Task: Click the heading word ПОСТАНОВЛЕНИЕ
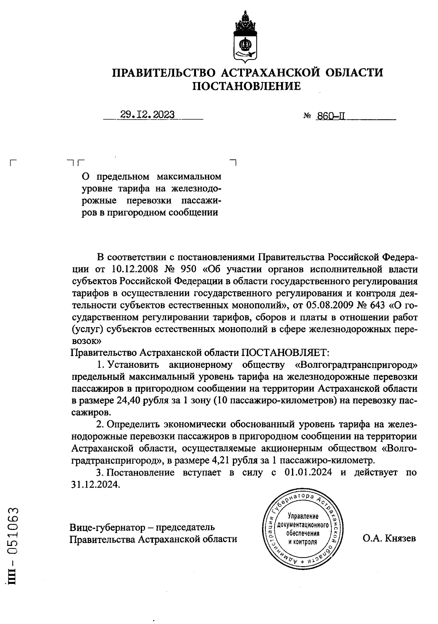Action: click(247, 86)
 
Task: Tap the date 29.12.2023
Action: click(148, 115)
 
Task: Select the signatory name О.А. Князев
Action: click(389, 538)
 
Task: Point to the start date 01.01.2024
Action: click(307, 472)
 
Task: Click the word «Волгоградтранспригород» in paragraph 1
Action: click(356, 364)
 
